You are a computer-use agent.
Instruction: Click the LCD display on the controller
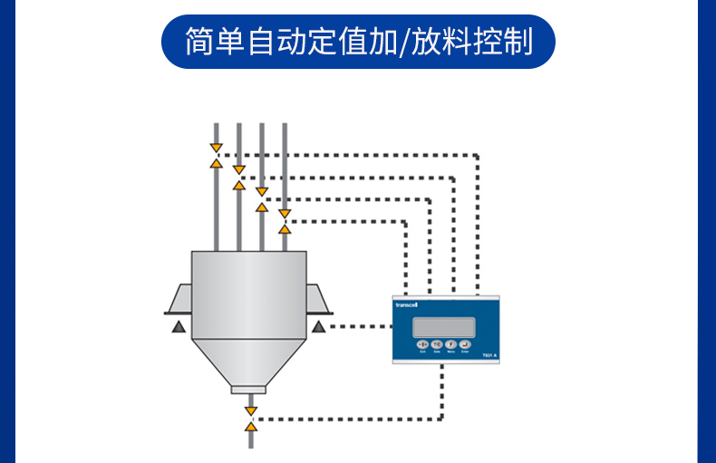tap(443, 327)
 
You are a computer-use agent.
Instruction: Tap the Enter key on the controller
tap(465, 344)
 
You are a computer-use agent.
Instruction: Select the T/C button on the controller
tap(437, 344)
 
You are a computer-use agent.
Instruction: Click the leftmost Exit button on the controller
tap(422, 344)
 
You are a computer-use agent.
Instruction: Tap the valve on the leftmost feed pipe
tap(216, 155)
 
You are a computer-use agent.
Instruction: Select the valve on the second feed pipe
tap(238, 177)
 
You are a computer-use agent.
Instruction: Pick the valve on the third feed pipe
tap(262, 199)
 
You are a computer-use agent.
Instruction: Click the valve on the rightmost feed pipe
tap(285, 221)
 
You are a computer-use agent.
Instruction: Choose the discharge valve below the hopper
tap(251, 418)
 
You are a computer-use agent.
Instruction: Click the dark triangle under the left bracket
tap(179, 325)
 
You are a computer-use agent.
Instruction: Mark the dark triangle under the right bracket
tap(318, 325)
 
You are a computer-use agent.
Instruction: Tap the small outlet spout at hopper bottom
tap(249, 390)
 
